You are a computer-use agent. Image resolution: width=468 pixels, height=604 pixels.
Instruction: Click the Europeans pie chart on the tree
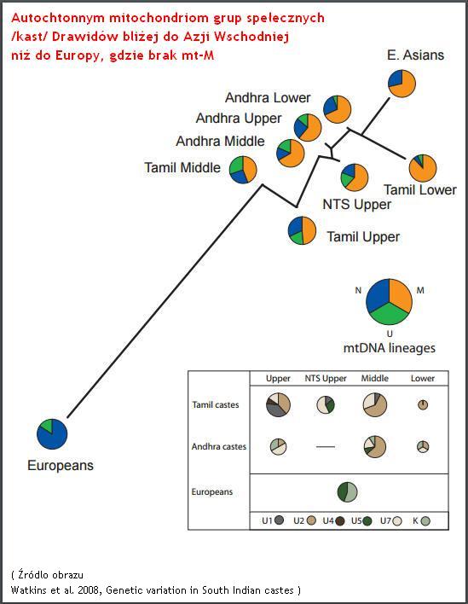52,434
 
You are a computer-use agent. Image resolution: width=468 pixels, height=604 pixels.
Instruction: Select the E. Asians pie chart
402,84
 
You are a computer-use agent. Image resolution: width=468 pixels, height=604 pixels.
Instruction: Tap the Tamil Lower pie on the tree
423,168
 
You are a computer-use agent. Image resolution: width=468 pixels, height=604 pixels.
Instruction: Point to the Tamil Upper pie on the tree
302,230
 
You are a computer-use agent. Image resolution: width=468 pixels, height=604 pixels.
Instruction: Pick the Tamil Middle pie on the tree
243,170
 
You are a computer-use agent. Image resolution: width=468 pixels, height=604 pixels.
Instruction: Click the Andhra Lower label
268,97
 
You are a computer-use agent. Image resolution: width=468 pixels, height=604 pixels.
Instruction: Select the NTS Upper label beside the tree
357,204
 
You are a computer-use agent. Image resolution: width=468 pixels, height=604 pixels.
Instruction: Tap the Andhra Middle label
220,141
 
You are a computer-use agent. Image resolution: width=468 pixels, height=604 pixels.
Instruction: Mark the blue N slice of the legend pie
377,296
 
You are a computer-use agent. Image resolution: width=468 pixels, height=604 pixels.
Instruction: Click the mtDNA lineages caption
389,348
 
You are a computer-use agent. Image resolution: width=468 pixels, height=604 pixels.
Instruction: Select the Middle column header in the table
374,378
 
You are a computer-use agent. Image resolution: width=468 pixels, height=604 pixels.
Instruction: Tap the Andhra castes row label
218,446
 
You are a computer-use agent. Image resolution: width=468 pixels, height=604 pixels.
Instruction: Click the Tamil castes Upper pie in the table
278,404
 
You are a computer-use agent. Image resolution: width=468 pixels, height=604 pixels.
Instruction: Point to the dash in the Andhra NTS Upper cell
326,447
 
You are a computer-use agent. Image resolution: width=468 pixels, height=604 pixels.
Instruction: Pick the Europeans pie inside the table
347,492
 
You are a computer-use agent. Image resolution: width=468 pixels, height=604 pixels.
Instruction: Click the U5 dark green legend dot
367,521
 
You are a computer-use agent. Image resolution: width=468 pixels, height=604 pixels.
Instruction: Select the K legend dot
425,521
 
